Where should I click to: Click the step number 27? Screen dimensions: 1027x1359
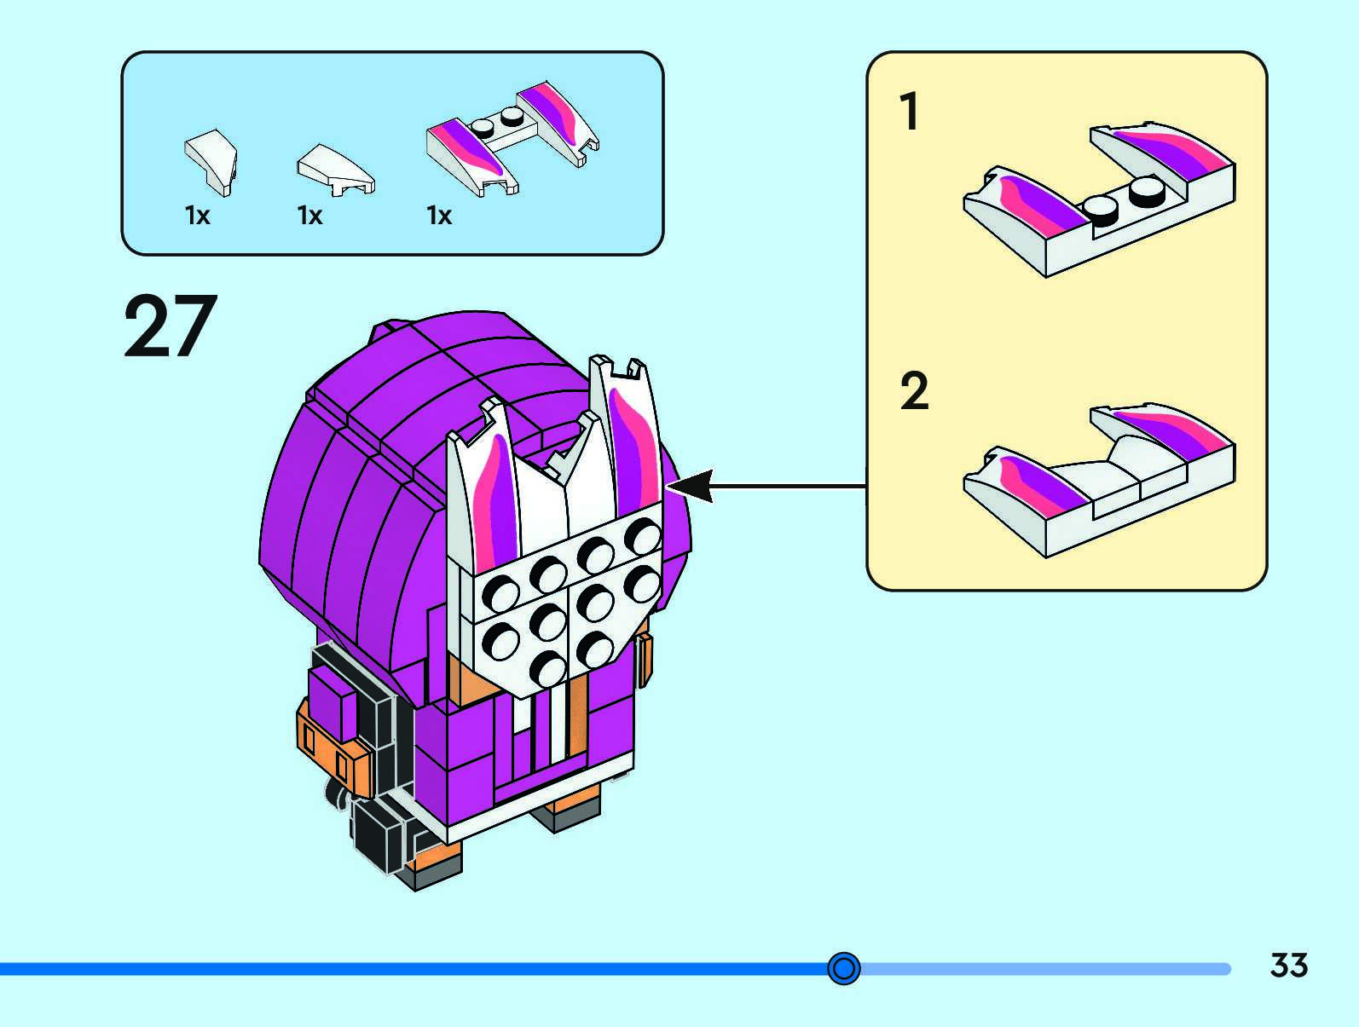pyautogui.click(x=171, y=326)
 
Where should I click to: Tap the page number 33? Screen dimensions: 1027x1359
pyautogui.click(x=1288, y=966)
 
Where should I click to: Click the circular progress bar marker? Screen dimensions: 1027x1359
pyautogui.click(x=844, y=968)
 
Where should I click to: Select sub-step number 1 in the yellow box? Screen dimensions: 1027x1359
pyautogui.click(x=910, y=112)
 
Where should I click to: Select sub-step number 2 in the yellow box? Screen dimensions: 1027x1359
pyautogui.click(x=914, y=391)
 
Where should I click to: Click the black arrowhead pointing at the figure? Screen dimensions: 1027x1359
pyautogui.click(x=689, y=487)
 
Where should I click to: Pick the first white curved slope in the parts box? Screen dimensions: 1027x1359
pyautogui.click(x=211, y=159)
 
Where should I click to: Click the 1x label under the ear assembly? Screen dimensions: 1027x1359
pyautogui.click(x=439, y=216)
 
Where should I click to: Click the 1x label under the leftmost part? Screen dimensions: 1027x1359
pyautogui.click(x=197, y=216)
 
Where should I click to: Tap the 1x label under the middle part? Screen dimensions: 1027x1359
pyautogui.click(x=309, y=216)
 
